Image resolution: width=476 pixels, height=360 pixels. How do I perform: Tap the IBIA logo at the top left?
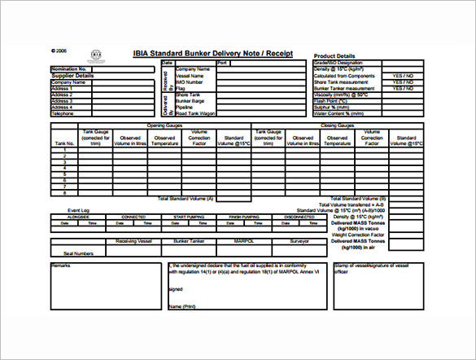tap(96, 54)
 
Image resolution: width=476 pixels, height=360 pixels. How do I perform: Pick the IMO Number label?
tap(190, 82)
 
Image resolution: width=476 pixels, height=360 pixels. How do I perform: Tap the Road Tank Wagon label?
tap(196, 113)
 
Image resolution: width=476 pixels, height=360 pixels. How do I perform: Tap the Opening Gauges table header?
tap(165, 125)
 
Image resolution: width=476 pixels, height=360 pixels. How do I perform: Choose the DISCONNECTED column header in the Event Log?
tap(299, 217)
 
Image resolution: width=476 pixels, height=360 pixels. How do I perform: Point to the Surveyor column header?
tap(299, 241)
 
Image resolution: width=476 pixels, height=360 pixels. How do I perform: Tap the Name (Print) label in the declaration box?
tap(182, 306)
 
